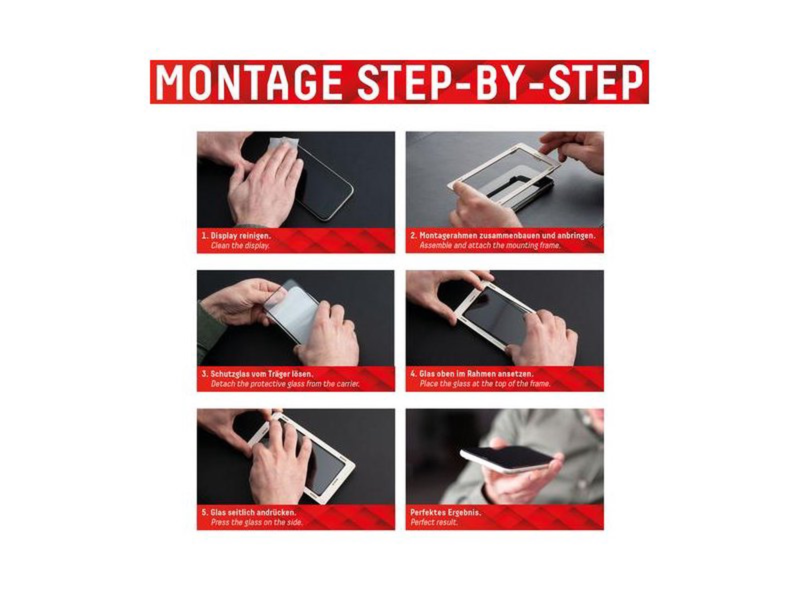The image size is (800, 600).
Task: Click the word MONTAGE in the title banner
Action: click(248, 82)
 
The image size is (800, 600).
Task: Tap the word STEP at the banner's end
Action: click(596, 82)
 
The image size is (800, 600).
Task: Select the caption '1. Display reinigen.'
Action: click(236, 236)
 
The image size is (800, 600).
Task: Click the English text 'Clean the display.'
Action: click(240, 246)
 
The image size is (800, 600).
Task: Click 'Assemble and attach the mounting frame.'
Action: click(490, 245)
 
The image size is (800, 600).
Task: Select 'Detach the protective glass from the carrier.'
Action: click(285, 384)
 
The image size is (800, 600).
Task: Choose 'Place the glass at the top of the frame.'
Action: click(485, 384)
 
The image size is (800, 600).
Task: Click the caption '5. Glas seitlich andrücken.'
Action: click(248, 512)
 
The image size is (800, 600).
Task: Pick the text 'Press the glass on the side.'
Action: click(257, 522)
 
